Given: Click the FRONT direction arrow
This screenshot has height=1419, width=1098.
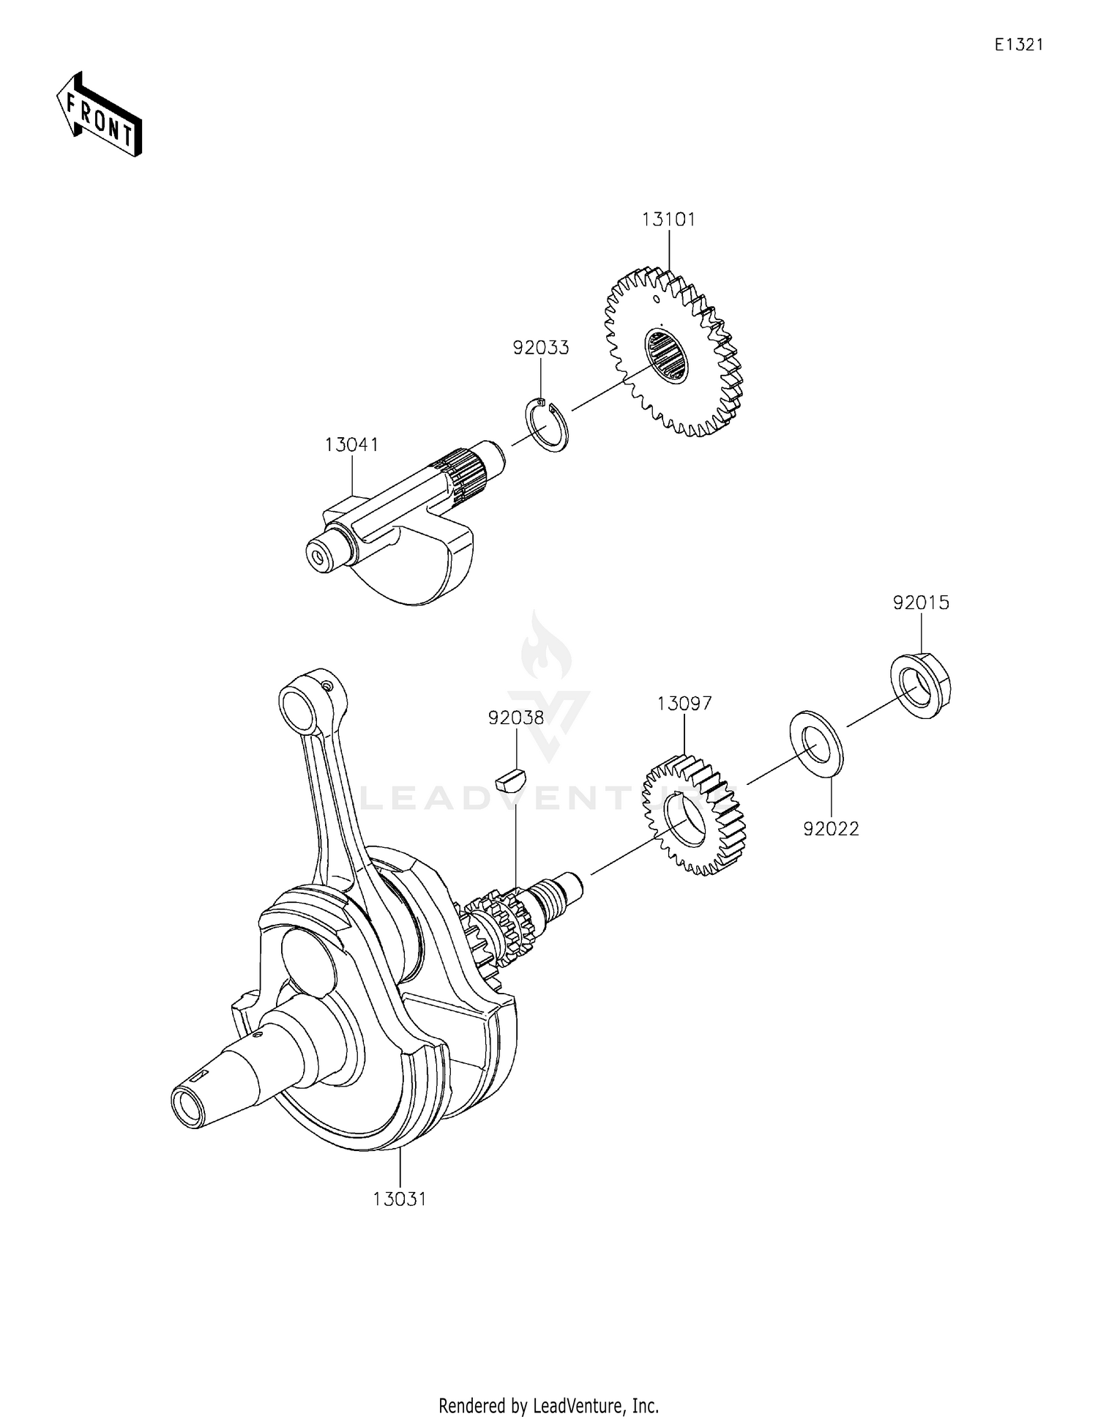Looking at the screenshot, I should (x=99, y=115).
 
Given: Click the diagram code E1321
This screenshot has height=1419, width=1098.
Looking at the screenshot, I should (x=1018, y=45).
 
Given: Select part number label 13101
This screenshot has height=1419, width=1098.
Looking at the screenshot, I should (x=668, y=219).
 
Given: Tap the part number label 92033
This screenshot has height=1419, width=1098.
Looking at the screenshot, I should (x=540, y=347).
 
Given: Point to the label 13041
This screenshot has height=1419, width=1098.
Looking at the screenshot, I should (x=351, y=444).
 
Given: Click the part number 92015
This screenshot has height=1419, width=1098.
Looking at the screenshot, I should (x=920, y=603).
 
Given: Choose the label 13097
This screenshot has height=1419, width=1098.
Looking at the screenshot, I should (x=684, y=704).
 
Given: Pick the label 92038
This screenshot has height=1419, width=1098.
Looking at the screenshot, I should (x=516, y=718).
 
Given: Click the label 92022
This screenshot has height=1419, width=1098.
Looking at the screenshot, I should (x=831, y=829).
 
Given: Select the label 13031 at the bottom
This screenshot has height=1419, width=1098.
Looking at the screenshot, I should (x=400, y=1199).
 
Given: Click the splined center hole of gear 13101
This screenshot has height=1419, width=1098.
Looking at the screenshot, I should (x=667, y=356).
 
